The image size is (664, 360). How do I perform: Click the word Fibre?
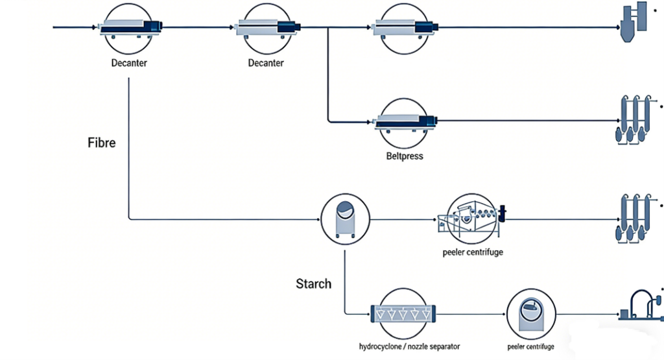pos(101,142)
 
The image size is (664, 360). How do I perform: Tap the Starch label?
pos(313,283)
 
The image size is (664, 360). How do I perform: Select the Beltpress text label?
pos(405,156)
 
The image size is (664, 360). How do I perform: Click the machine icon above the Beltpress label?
pos(406,121)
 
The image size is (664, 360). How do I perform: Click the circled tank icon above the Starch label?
pos(345,219)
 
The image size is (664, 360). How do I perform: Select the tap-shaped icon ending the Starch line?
pos(639,304)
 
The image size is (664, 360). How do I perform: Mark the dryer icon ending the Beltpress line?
pos(631,121)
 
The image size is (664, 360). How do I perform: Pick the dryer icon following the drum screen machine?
pos(631,219)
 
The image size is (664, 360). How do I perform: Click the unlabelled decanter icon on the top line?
pos(406,27)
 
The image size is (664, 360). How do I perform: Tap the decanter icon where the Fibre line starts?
pos(130,27)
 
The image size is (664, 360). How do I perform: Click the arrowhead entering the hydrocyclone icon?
pos(366,314)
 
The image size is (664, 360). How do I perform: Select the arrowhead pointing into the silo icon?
pos(617,27)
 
